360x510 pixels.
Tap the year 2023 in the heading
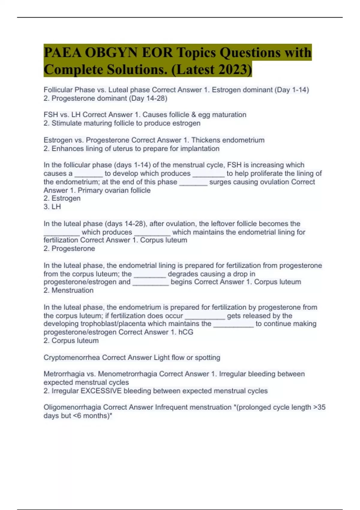pyautogui.click(x=233, y=70)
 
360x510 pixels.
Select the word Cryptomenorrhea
pyautogui.click(x=72, y=358)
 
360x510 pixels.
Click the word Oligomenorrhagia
pyautogui.click(x=72, y=407)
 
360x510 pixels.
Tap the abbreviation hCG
pyautogui.click(x=186, y=332)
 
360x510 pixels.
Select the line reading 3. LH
pyautogui.click(x=52, y=207)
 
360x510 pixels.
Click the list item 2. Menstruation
pyautogui.click(x=68, y=290)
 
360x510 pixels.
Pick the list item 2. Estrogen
pyautogui.click(x=62, y=198)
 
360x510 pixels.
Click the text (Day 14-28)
pyautogui.click(x=148, y=98)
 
